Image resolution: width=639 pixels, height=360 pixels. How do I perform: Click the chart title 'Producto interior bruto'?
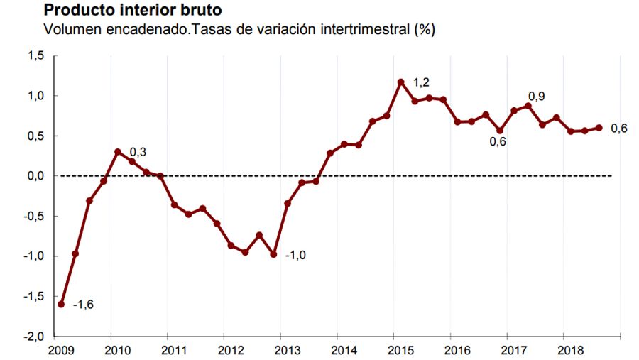click(132, 11)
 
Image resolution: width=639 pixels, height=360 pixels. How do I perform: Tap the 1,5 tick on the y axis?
click(35, 55)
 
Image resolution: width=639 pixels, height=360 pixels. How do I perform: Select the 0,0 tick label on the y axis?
click(35, 176)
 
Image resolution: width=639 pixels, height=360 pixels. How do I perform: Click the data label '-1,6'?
click(83, 305)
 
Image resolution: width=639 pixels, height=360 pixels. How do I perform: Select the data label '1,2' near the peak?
click(421, 83)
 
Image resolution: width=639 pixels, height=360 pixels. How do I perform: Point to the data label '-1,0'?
click(295, 256)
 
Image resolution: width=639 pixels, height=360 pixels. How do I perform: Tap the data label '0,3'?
click(137, 151)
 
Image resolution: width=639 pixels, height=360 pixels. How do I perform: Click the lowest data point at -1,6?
click(61, 304)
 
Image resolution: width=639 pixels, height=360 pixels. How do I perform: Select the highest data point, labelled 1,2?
click(401, 82)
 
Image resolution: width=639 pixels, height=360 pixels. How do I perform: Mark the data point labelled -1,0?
click(273, 253)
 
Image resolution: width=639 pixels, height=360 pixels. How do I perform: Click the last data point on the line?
click(599, 128)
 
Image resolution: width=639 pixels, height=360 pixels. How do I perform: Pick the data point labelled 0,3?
click(118, 152)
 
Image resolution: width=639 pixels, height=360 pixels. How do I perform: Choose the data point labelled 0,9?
click(528, 106)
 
